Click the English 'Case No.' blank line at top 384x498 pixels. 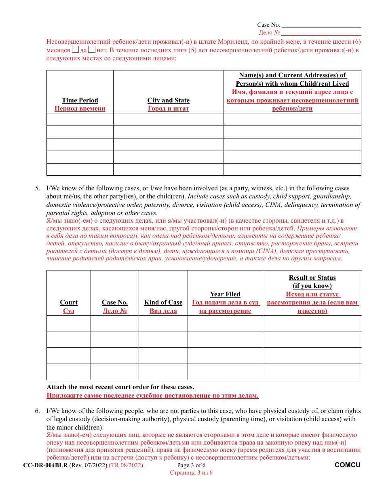[321, 25]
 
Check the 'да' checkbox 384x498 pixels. [76, 50]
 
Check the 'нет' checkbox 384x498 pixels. [92, 50]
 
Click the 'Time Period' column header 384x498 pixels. [80, 100]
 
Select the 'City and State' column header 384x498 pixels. [168, 100]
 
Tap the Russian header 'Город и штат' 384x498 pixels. [168, 109]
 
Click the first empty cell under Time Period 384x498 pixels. [80, 119]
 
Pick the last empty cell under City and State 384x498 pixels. [168, 169]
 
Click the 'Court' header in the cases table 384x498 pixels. [68, 302]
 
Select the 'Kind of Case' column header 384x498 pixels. [163, 302]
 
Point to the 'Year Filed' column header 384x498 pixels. [225, 294]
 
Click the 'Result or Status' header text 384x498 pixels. [312, 278]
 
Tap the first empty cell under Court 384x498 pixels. [68, 323]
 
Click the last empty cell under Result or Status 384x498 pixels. [312, 372]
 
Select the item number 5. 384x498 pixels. [37, 188]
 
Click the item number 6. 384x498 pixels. [37, 411]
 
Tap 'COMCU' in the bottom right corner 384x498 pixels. [347, 465]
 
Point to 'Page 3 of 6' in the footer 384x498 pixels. [191, 465]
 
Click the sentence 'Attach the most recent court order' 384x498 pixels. [120, 387]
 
